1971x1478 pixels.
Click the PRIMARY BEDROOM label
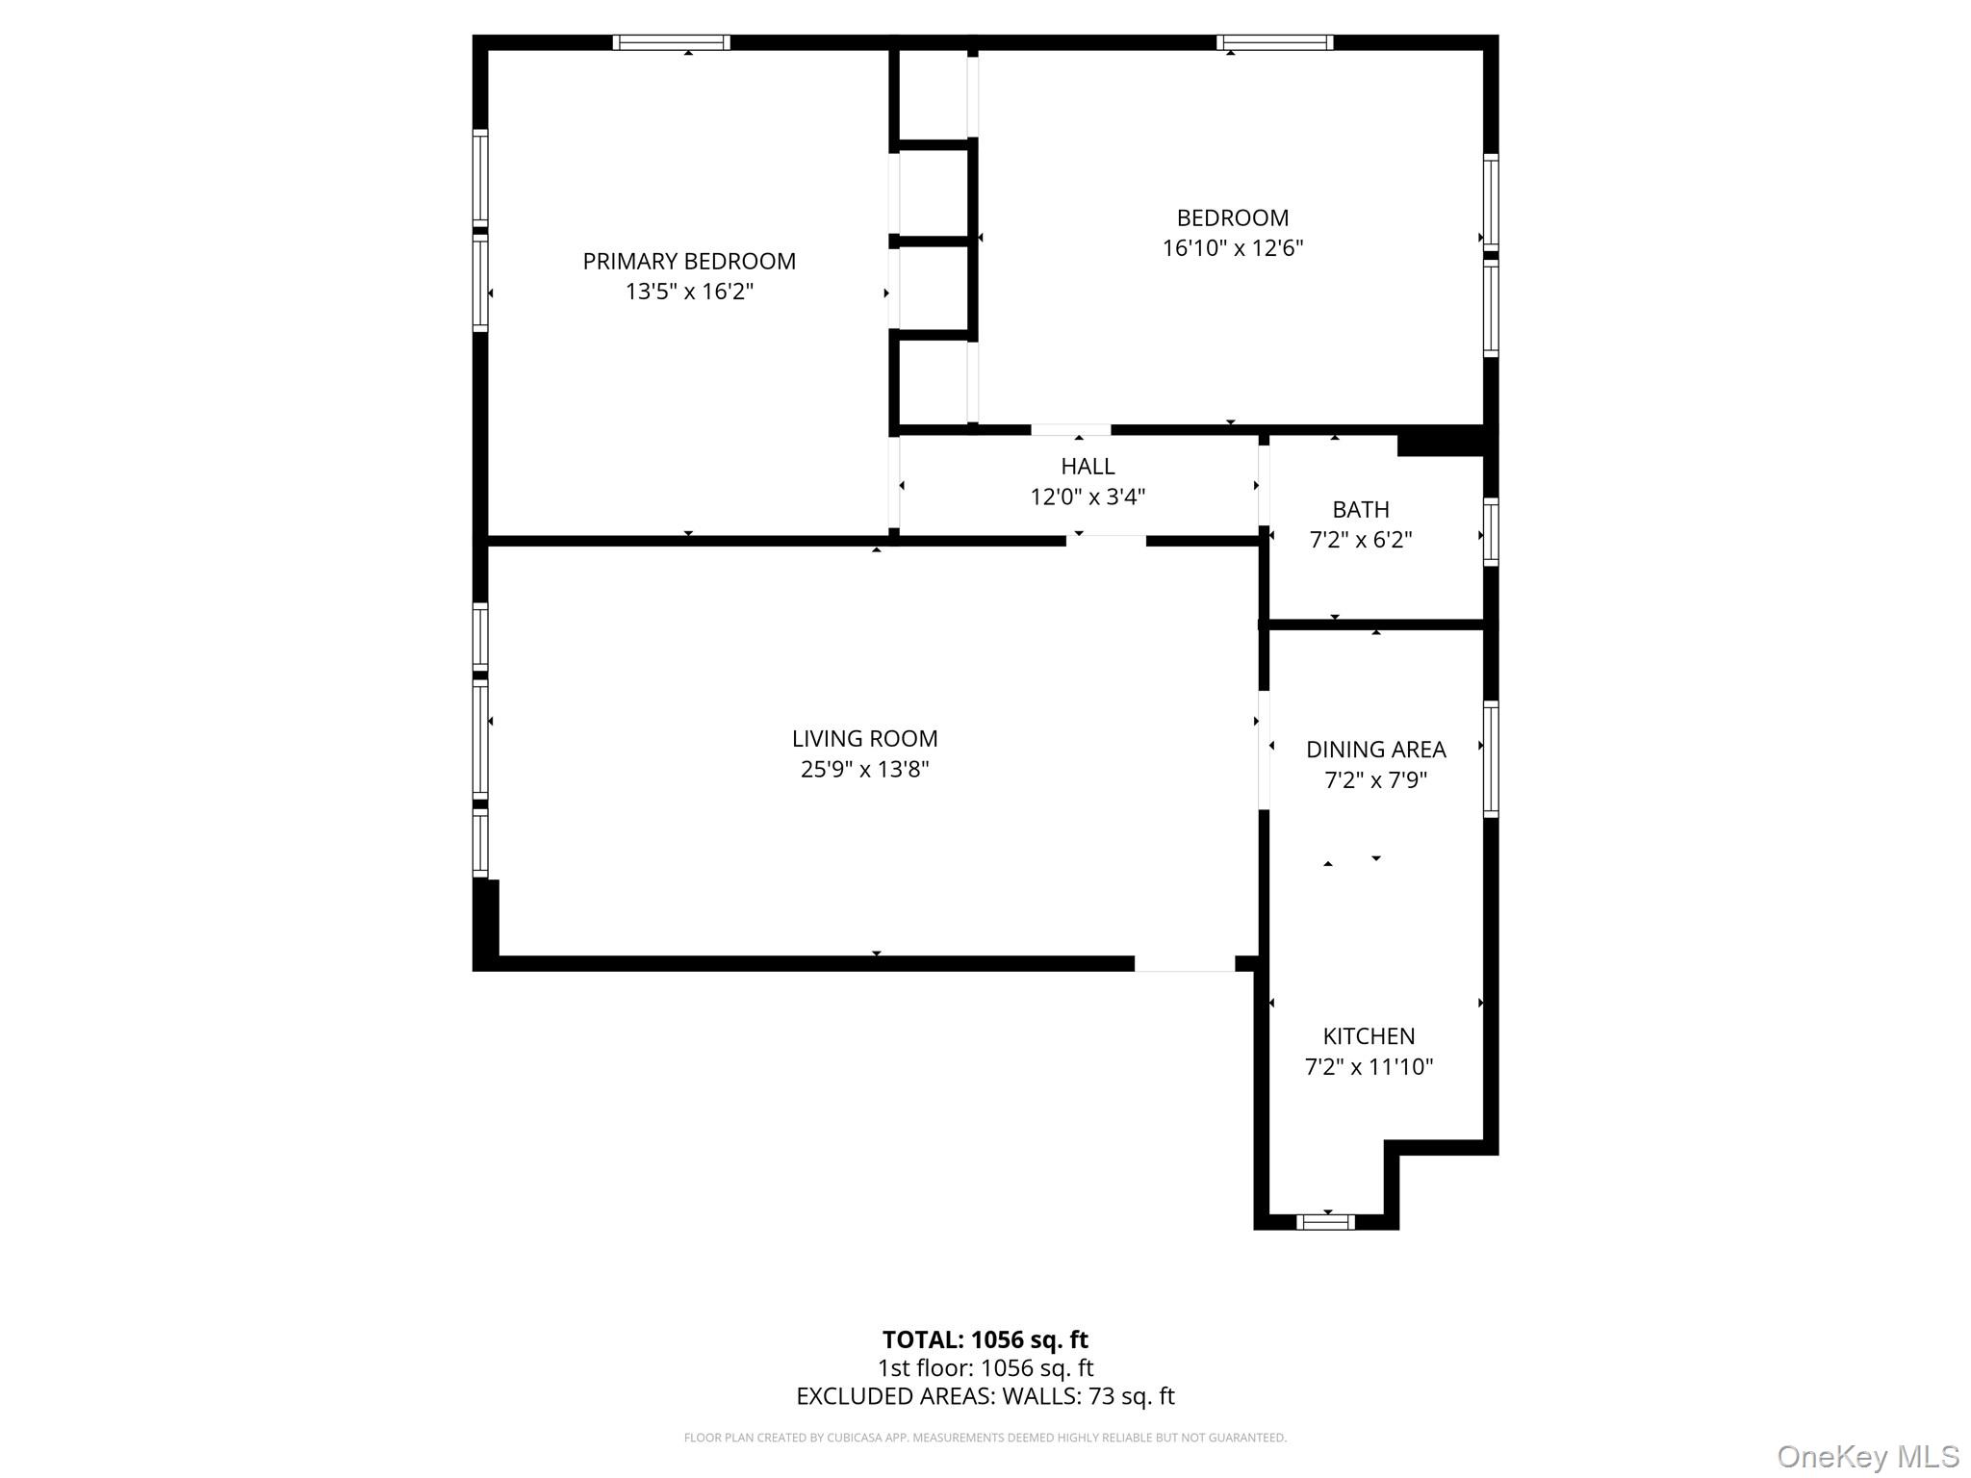tap(689, 261)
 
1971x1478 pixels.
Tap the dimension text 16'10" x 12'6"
tap(1232, 248)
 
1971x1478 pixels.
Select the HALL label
tap(1088, 466)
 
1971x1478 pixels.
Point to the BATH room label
tap(1361, 509)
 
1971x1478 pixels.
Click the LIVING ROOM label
tap(864, 738)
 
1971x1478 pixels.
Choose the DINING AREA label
tap(1375, 749)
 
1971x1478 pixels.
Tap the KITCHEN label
tap(1369, 1036)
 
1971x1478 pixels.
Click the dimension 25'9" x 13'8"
tap(864, 769)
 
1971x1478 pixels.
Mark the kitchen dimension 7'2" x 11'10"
tap(1369, 1066)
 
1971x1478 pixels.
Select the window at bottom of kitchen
tap(1325, 1222)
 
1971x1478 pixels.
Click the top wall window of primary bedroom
tap(671, 42)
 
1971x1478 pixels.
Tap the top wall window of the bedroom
tap(1274, 42)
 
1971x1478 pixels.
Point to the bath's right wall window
tap(1490, 531)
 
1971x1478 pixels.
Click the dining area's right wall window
tap(1490, 759)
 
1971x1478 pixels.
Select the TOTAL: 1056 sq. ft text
tap(985, 1339)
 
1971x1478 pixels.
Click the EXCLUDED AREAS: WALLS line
tap(985, 1396)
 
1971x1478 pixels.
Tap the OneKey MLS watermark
tap(1867, 1457)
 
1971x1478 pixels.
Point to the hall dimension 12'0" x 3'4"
tap(1088, 497)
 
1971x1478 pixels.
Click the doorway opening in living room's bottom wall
tap(1184, 963)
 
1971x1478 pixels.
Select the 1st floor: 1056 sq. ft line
tap(985, 1367)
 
